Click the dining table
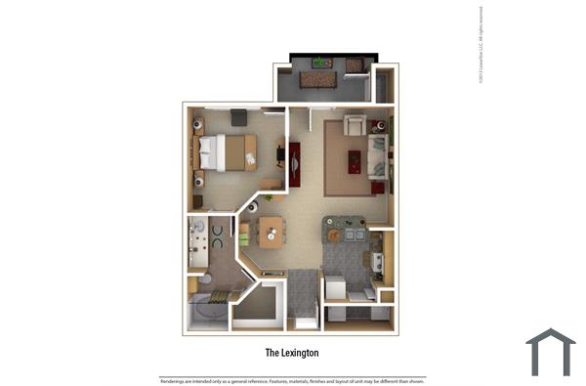pyautogui.click(x=271, y=232)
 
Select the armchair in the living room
pyautogui.click(x=355, y=124)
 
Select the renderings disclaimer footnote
pyautogui.click(x=293, y=380)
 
